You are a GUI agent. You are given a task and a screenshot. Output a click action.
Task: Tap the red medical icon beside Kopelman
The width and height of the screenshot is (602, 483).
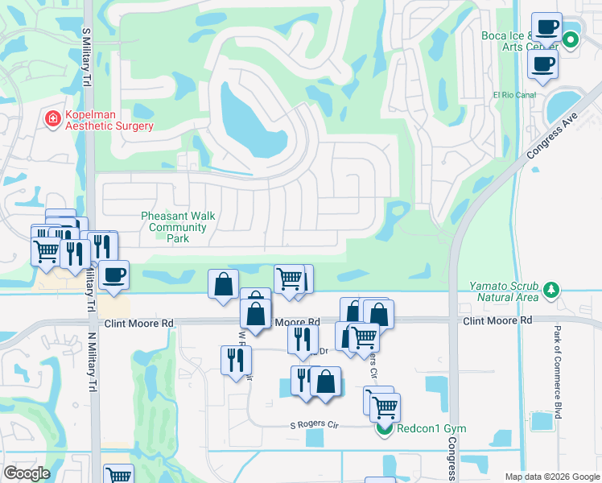tap(53, 119)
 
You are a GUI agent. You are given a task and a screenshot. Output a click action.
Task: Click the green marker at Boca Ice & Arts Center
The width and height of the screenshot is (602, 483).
tap(571, 39)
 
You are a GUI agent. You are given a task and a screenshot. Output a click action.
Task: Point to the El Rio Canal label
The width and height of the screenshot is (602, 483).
tap(514, 95)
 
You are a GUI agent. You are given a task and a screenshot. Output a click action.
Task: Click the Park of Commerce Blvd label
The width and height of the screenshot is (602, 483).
tap(557, 371)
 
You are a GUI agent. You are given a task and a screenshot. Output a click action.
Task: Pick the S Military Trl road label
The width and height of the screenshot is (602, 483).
tap(86, 61)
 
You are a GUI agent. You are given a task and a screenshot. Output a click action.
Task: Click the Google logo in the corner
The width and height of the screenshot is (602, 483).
tap(27, 473)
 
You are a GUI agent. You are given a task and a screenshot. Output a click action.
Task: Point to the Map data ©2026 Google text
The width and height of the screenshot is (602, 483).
tap(551, 477)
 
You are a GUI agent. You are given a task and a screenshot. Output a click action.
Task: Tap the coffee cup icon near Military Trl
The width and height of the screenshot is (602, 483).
tap(113, 275)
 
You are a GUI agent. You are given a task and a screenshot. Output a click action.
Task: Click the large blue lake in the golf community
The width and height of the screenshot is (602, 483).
tap(250, 121)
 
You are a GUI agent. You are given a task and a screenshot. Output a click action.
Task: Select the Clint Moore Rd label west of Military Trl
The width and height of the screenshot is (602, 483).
tap(138, 324)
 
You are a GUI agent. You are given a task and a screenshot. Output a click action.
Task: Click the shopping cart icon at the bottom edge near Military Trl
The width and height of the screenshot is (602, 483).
tap(118, 476)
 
